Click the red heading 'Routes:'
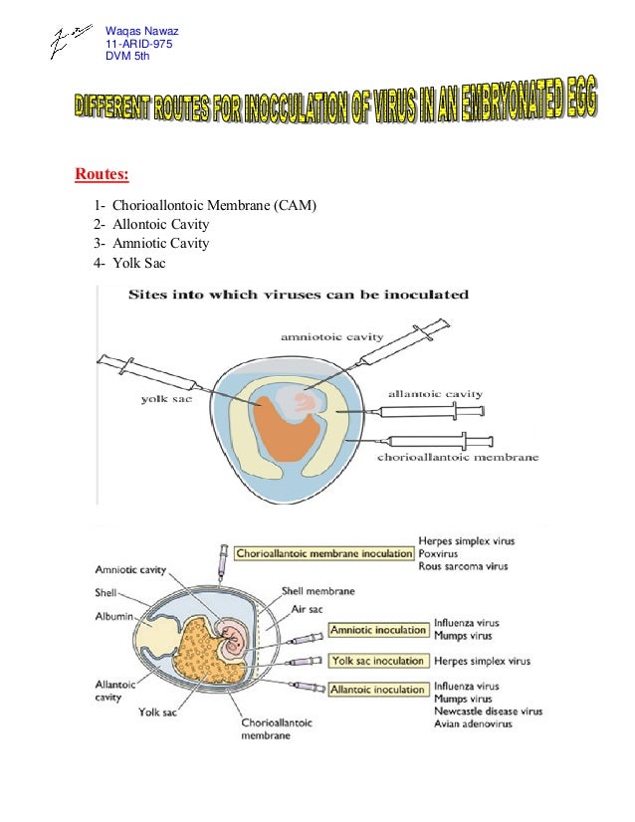click(102, 177)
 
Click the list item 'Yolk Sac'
click(139, 263)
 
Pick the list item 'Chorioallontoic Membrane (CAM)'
click(214, 206)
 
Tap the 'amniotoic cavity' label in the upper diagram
click(332, 337)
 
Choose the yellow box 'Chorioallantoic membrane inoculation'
click(325, 553)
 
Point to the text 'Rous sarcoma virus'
click(463, 566)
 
